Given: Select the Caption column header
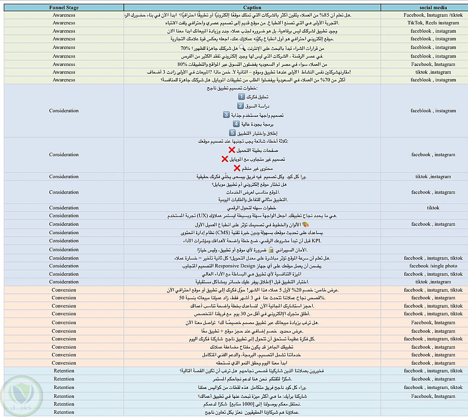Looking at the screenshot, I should click(x=252, y=7).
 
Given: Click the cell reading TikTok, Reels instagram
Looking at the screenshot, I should click(x=433, y=23).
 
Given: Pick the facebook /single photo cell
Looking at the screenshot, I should click(x=432, y=266).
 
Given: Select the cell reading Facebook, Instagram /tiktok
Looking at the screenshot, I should click(x=433, y=15).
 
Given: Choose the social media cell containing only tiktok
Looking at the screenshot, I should click(x=433, y=208).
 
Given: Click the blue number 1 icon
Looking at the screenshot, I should click(x=241, y=96).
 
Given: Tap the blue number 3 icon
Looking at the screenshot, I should click(x=226, y=115).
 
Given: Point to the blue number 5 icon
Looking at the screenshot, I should click(x=232, y=133).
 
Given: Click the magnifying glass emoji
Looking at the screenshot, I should click(x=242, y=48).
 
